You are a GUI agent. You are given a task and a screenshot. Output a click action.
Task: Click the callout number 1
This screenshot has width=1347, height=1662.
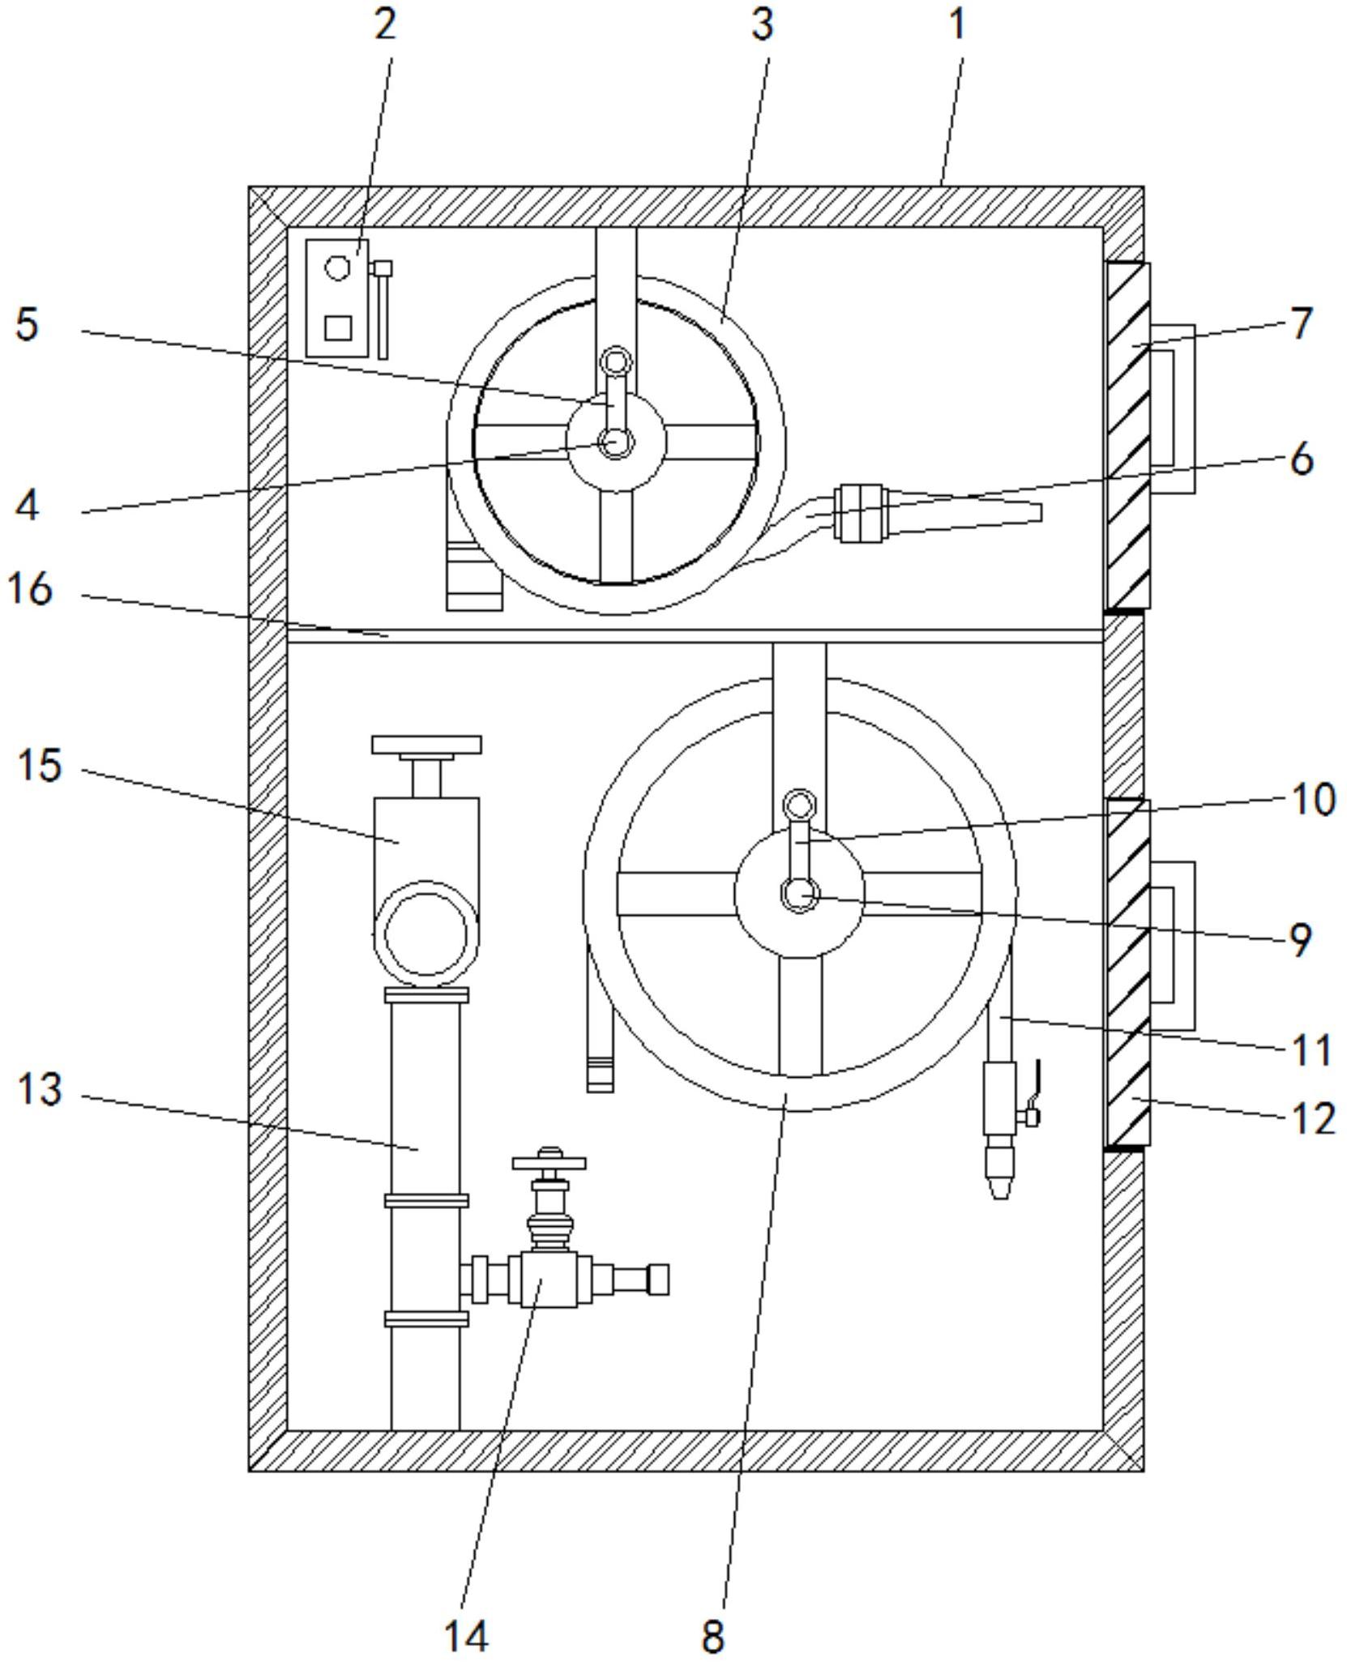[x=958, y=23]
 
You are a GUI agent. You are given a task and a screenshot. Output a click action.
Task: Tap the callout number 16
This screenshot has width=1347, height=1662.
[x=30, y=588]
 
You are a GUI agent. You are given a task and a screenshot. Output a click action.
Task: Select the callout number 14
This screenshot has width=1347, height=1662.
[x=467, y=1634]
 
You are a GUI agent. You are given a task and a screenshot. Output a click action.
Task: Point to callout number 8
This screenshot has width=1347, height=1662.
[x=712, y=1636]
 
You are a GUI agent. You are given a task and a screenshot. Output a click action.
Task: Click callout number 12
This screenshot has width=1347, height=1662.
[x=1312, y=1118]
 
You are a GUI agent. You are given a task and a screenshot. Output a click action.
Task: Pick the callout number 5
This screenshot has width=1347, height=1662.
[x=28, y=324]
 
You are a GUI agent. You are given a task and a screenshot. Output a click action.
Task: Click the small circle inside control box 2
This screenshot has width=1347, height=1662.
[x=338, y=267]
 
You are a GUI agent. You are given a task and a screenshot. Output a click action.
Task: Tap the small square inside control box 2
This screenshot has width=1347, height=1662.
[x=338, y=327]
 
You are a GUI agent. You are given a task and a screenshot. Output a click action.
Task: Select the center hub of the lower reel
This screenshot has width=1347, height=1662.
[x=800, y=894]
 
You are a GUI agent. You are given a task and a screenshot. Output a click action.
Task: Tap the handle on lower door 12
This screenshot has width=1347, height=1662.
[x=1173, y=946]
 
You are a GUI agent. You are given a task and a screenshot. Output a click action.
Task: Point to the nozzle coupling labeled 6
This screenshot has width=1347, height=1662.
[x=861, y=513]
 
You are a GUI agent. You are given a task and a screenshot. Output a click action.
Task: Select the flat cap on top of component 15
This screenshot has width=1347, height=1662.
[x=426, y=745]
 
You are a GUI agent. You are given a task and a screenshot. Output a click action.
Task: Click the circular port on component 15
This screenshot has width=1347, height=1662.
[x=426, y=934]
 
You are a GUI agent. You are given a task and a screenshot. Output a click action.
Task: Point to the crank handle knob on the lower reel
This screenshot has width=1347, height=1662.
[x=800, y=805]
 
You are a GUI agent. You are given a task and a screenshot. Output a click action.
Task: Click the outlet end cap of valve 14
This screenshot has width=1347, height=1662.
[x=658, y=1279]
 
